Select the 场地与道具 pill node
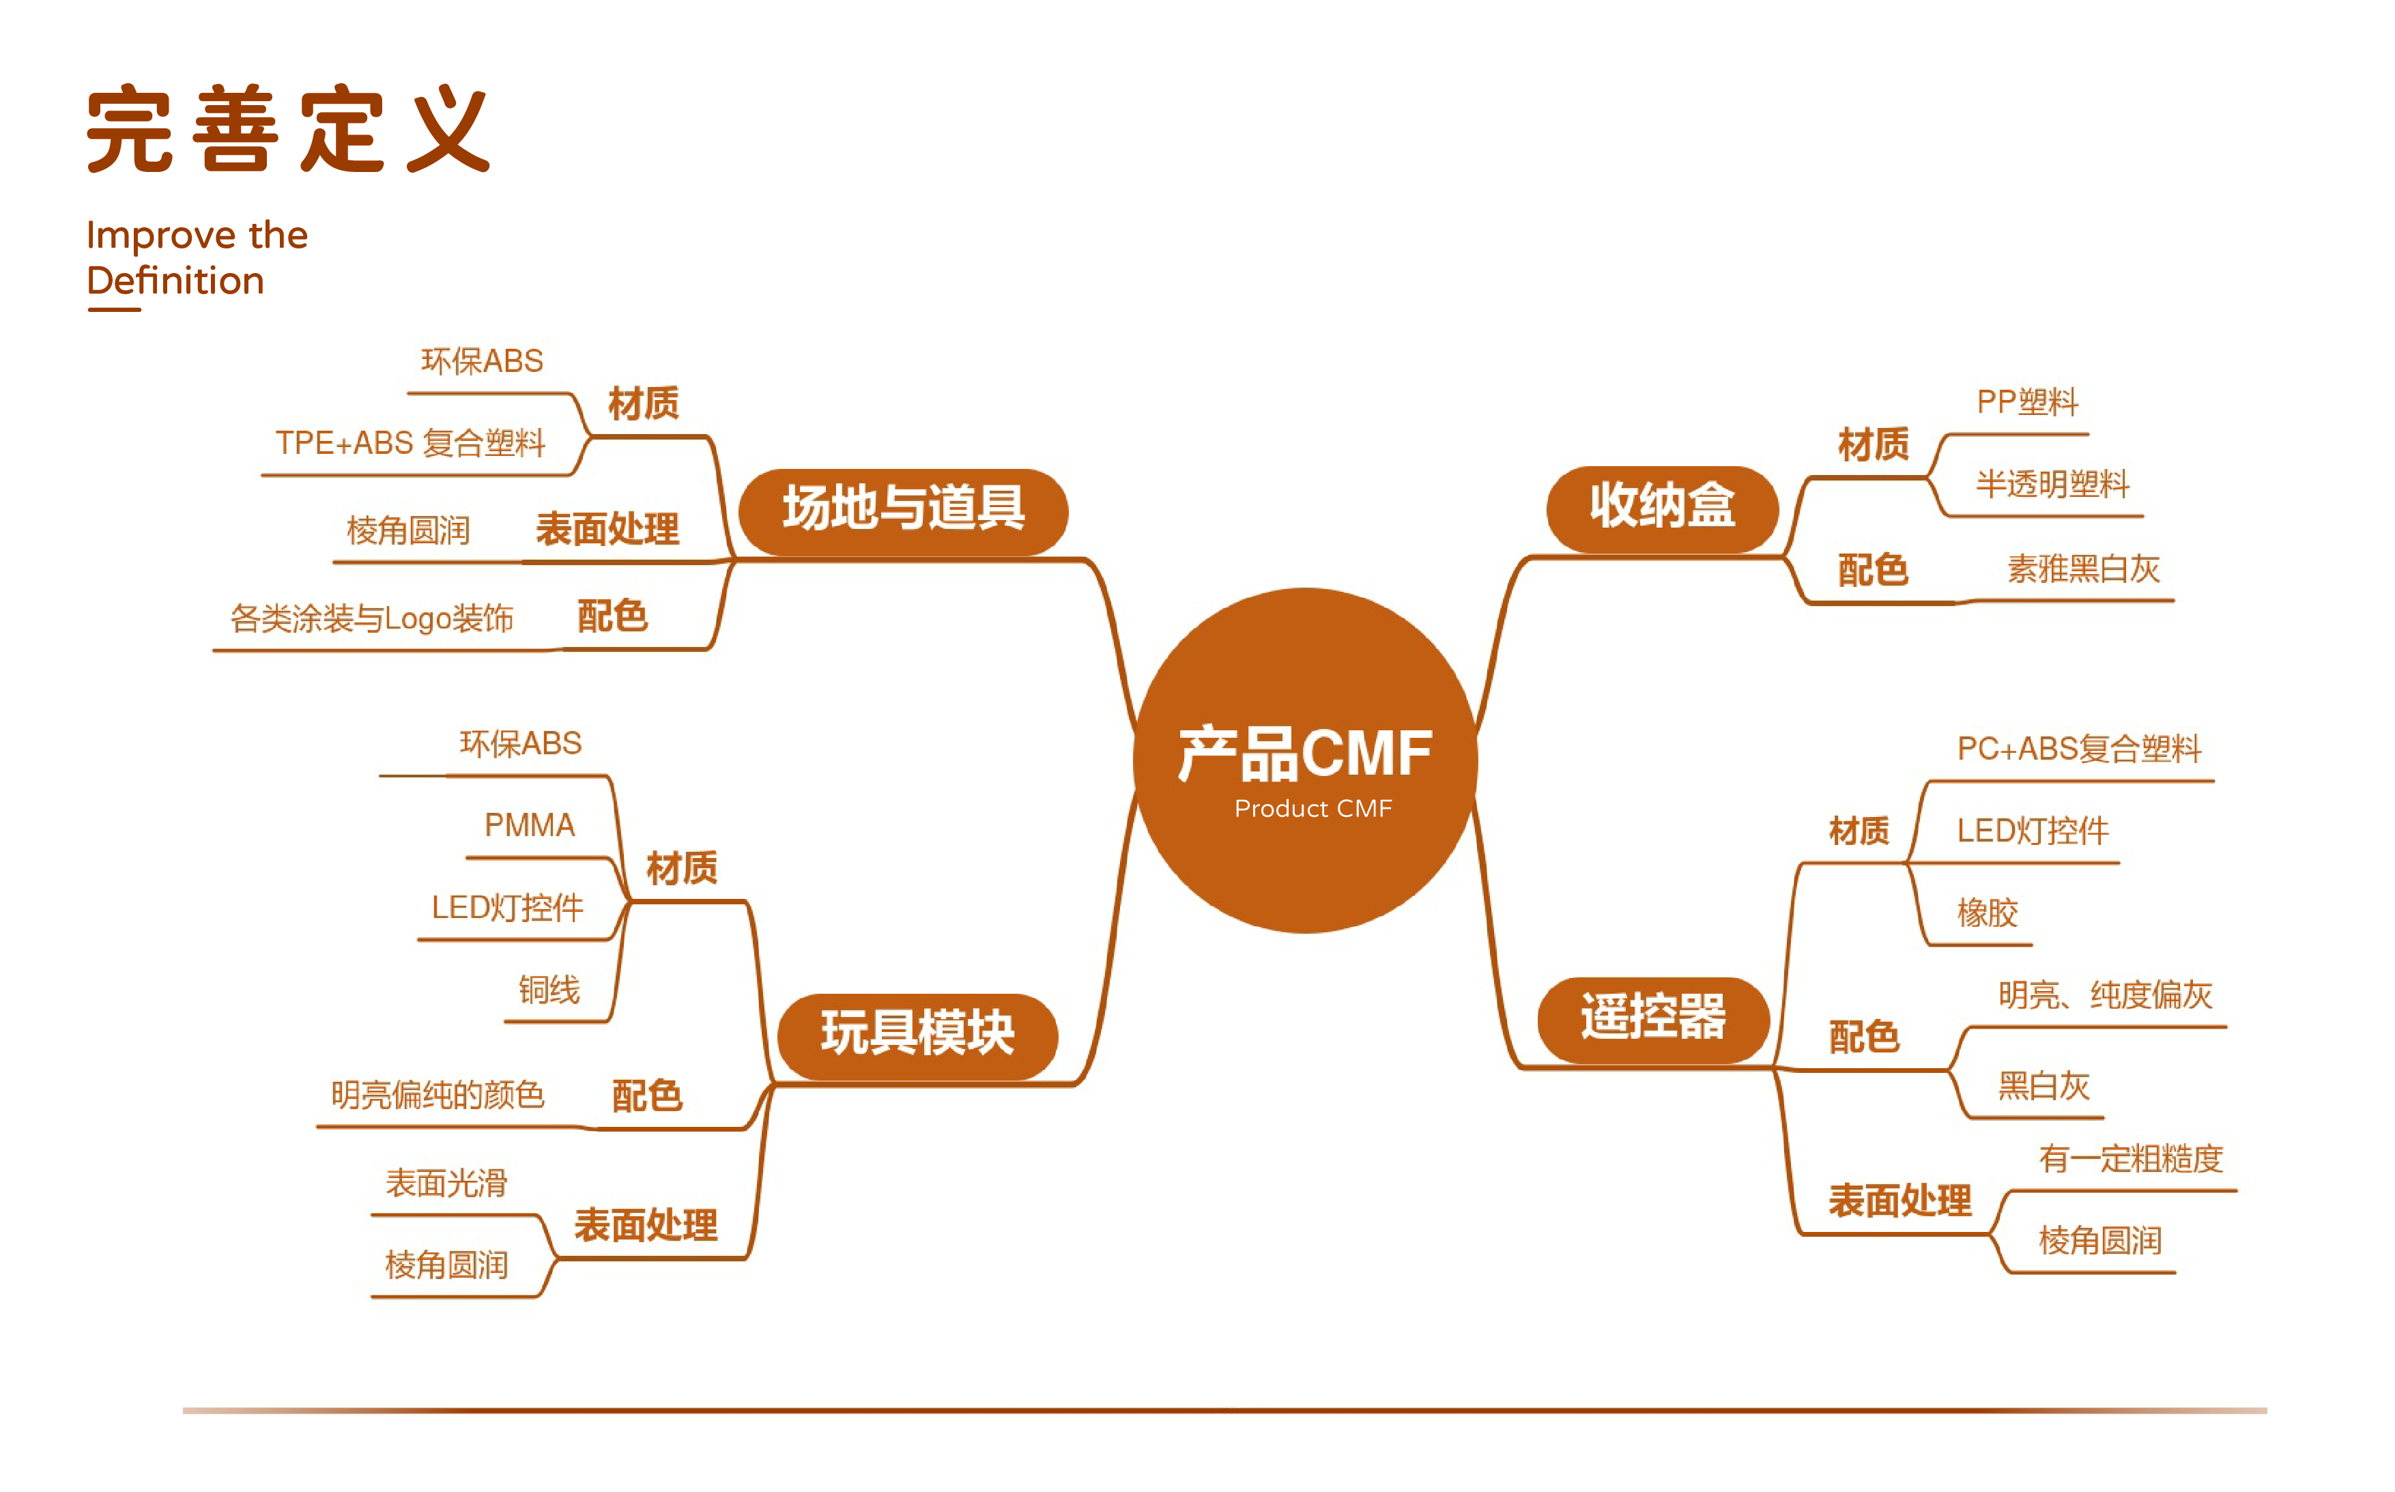click(x=903, y=510)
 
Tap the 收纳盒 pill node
click(x=1662, y=507)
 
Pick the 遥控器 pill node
click(x=1653, y=1018)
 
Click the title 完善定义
click(x=288, y=129)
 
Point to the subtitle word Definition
click(x=175, y=281)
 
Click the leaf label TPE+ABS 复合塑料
click(x=410, y=443)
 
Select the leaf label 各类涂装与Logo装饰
click(x=372, y=618)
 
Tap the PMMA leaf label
click(x=529, y=825)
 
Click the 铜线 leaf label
click(x=549, y=990)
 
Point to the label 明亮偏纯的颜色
click(x=437, y=1094)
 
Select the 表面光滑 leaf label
click(x=446, y=1182)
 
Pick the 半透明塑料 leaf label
click(x=2052, y=485)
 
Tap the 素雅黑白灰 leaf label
click(x=2083, y=569)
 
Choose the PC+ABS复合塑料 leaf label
click(x=2078, y=749)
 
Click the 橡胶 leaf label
click(x=1986, y=913)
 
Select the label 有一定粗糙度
click(x=2131, y=1158)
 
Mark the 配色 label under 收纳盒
click(x=1872, y=571)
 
